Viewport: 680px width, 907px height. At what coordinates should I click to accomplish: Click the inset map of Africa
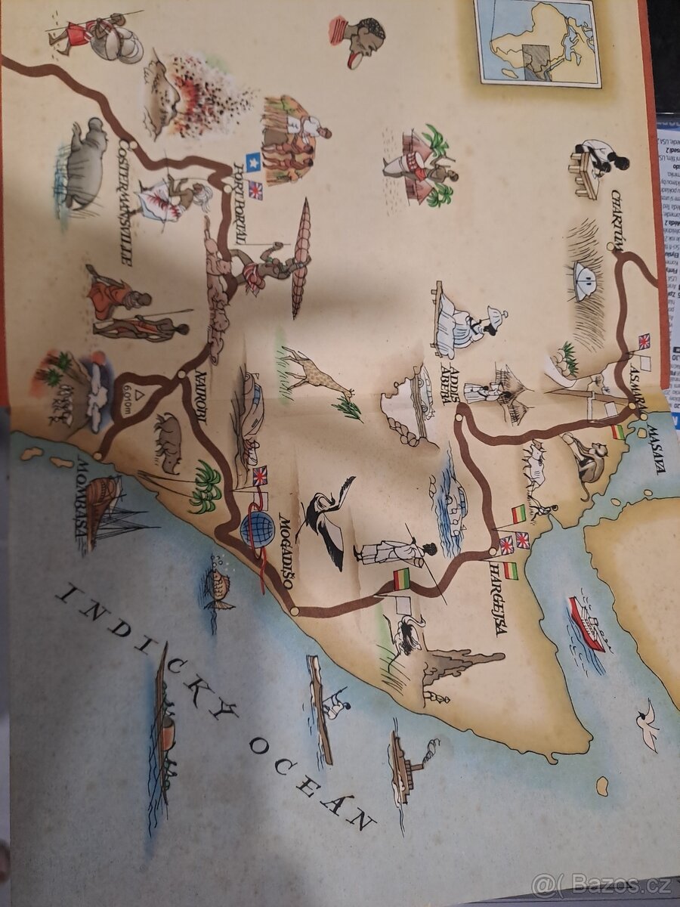[x=537, y=42]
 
